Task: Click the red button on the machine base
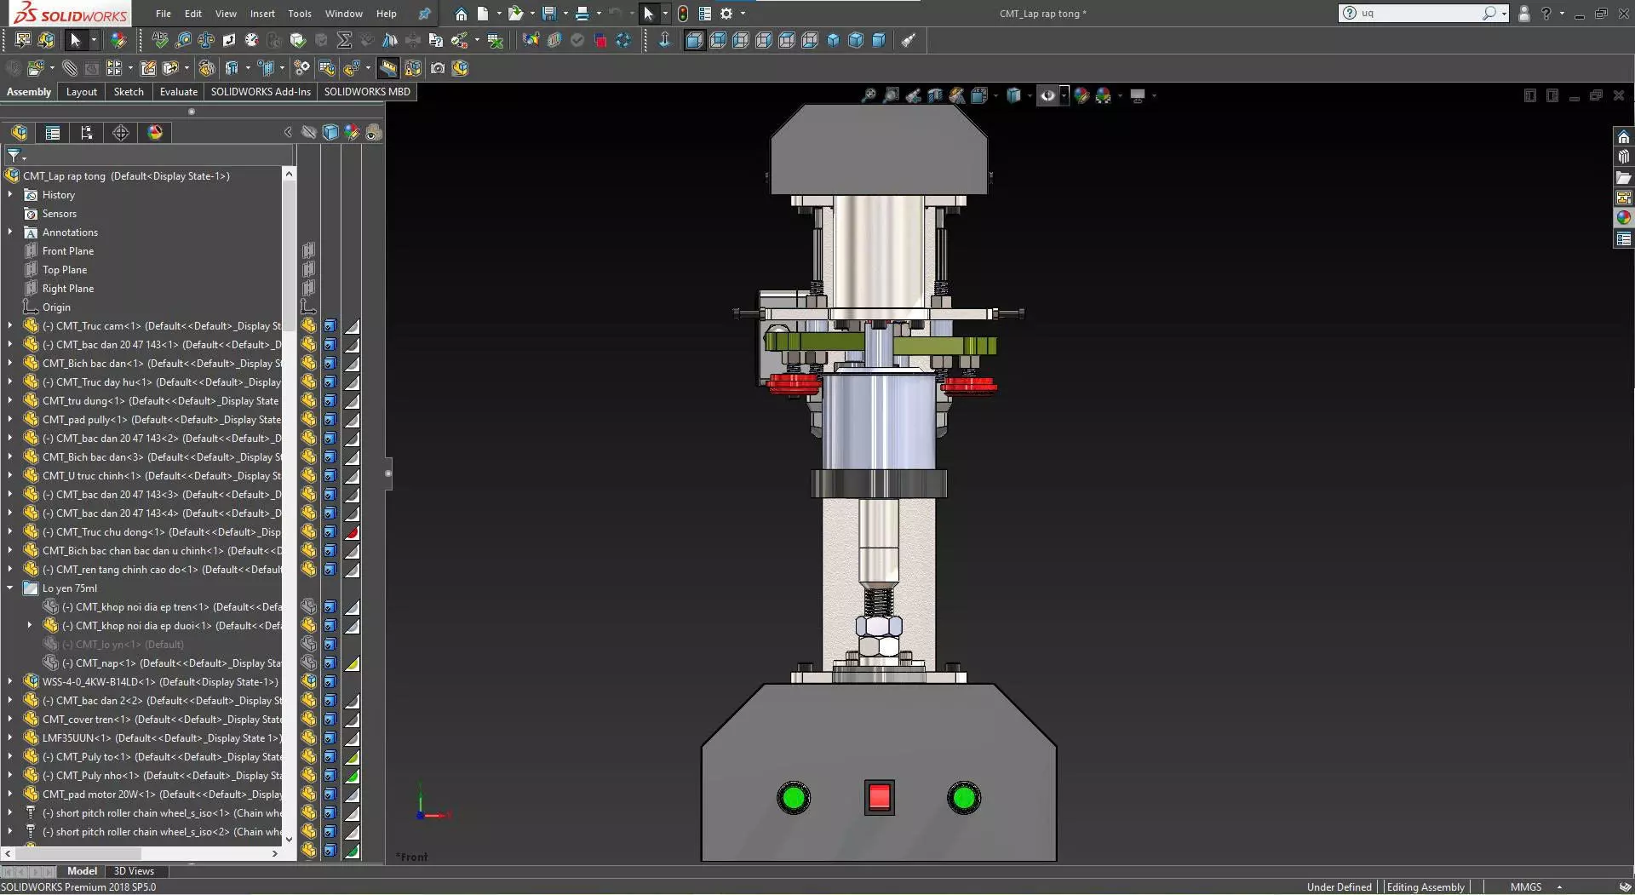coord(879,798)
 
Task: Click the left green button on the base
coord(794,798)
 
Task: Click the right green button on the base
coord(964,798)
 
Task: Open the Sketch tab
coord(129,92)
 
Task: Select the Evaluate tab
coord(178,92)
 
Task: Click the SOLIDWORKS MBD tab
coord(367,92)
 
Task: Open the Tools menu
coord(299,14)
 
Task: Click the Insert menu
coord(262,14)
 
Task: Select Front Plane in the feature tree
coord(68,251)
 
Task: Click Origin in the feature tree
coord(56,307)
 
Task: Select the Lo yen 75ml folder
coord(70,588)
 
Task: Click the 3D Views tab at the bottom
coord(134,871)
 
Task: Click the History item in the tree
coord(59,195)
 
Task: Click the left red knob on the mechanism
coord(793,383)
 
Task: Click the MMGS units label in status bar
coord(1525,886)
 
